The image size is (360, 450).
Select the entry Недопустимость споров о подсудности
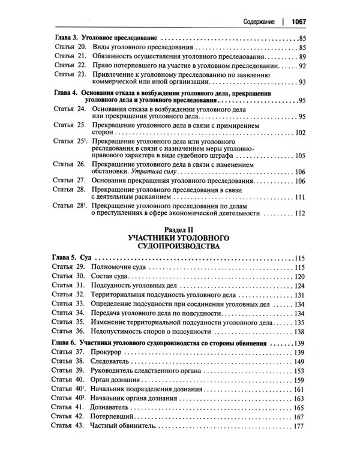(162, 331)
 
